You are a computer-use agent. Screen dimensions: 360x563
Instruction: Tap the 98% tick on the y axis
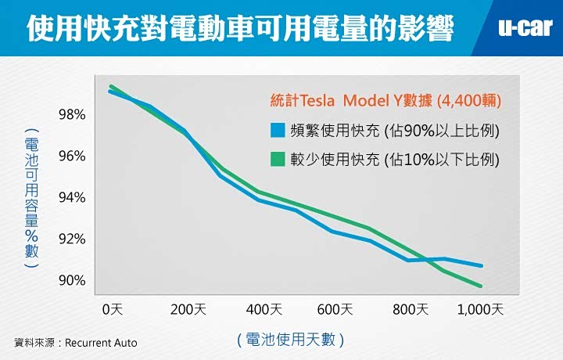pyautogui.click(x=72, y=115)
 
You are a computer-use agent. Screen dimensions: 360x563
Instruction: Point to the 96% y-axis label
pyautogui.click(x=72, y=156)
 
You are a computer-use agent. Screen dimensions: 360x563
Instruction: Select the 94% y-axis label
pyautogui.click(x=72, y=197)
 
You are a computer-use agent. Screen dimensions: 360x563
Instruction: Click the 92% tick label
pyautogui.click(x=72, y=239)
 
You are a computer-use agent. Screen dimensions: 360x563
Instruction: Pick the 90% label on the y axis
pyautogui.click(x=72, y=280)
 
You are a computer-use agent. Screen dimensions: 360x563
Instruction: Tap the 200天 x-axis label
pyautogui.click(x=188, y=309)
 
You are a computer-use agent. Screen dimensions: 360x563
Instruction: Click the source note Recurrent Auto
pyautogui.click(x=76, y=343)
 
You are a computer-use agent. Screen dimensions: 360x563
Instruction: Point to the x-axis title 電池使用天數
pyautogui.click(x=289, y=340)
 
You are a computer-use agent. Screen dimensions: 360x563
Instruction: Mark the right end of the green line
pyautogui.click(x=481, y=286)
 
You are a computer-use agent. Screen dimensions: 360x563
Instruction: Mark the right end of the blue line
pyautogui.click(x=482, y=266)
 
